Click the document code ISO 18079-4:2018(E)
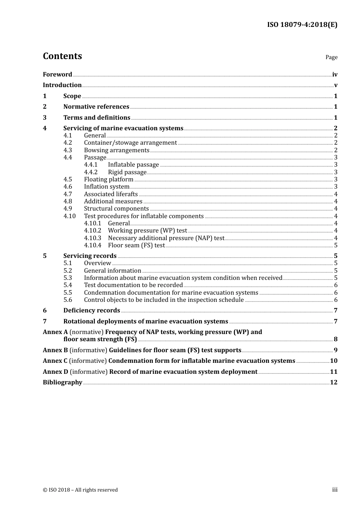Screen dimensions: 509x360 click(302, 25)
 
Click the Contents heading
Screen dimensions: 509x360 click(62, 56)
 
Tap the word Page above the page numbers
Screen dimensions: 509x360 click(331, 57)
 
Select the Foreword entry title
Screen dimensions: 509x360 click(57, 74)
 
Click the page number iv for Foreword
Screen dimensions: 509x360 click(335, 75)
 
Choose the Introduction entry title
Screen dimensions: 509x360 click(62, 85)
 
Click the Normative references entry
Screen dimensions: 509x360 click(96, 107)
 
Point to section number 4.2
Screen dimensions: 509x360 click(67, 143)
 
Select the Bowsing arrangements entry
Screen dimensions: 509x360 click(116, 150)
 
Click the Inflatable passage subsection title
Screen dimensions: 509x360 click(133, 165)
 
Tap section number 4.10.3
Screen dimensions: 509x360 click(92, 238)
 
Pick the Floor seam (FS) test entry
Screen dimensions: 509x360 click(136, 245)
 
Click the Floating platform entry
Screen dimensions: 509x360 click(109, 180)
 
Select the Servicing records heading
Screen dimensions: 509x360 click(90, 256)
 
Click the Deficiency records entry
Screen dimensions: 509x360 click(92, 311)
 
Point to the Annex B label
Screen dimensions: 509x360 click(55, 350)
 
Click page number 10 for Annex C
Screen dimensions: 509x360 click(333, 361)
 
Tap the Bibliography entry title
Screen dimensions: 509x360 click(63, 383)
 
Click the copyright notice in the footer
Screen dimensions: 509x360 click(80, 490)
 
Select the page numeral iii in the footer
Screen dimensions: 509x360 click(335, 490)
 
